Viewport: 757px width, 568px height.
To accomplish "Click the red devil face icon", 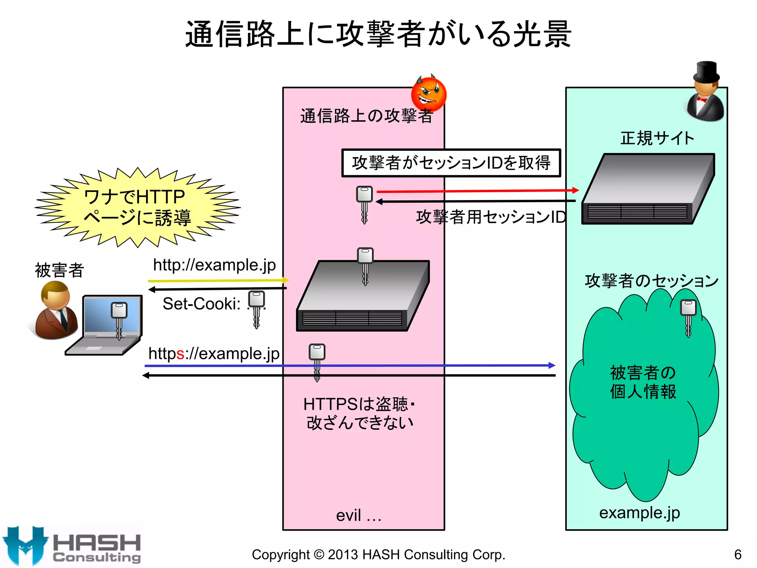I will pos(429,94).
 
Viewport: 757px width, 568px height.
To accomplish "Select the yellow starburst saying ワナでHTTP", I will pos(138,207).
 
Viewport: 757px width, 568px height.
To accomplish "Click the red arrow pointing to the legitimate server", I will pos(477,191).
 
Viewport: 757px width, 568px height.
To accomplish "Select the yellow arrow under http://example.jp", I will pos(218,280).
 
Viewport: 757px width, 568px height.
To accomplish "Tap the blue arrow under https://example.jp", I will pos(349,365).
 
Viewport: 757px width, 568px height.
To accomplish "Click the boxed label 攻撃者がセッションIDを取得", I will pos(451,163).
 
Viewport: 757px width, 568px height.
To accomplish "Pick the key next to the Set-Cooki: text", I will pos(257,309).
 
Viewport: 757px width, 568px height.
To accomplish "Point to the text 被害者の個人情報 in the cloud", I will pos(643,382).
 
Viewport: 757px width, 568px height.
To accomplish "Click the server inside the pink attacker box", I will pos(362,296).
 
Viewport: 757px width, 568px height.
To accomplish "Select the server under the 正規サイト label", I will pos(648,189).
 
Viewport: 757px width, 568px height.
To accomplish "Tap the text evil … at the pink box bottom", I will pos(359,515).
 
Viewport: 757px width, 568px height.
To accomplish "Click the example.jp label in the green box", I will pos(639,513).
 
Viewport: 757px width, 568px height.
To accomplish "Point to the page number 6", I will pos(738,554).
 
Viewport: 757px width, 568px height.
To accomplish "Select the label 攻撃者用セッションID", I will pos(491,217).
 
